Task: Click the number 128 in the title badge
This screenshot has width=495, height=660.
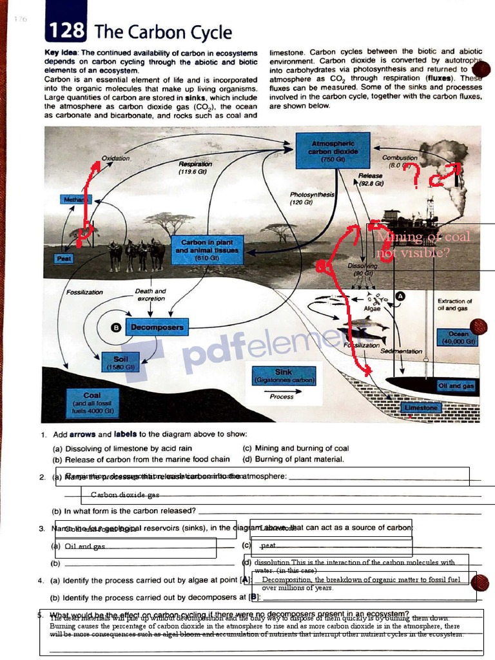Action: click(66, 30)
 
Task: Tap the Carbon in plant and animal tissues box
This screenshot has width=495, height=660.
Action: click(207, 250)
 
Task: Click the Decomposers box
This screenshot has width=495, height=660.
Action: click(157, 327)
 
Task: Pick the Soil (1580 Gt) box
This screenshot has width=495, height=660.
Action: click(121, 362)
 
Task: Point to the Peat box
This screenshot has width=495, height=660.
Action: click(64, 258)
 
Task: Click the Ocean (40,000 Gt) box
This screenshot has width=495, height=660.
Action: click(458, 337)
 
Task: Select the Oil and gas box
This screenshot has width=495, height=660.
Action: click(456, 385)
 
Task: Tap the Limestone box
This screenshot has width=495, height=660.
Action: click(421, 407)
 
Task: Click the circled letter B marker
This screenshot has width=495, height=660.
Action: click(117, 327)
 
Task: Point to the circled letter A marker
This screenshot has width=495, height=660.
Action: click(400, 296)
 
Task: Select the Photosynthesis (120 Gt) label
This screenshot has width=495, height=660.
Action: click(312, 198)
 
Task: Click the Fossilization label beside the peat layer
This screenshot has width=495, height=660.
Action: click(84, 293)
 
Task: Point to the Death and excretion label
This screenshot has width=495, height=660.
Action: click(151, 295)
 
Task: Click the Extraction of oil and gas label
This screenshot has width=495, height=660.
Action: click(454, 304)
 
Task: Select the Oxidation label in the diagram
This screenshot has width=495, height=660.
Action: click(116, 158)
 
